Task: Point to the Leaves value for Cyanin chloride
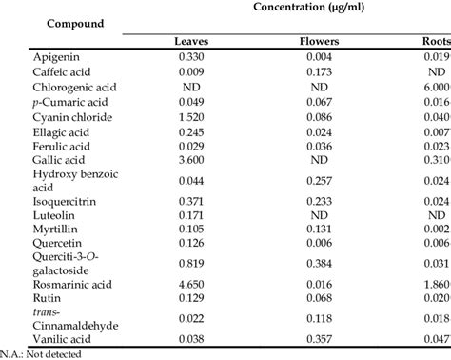coord(193,115)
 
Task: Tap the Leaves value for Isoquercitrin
coord(193,202)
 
